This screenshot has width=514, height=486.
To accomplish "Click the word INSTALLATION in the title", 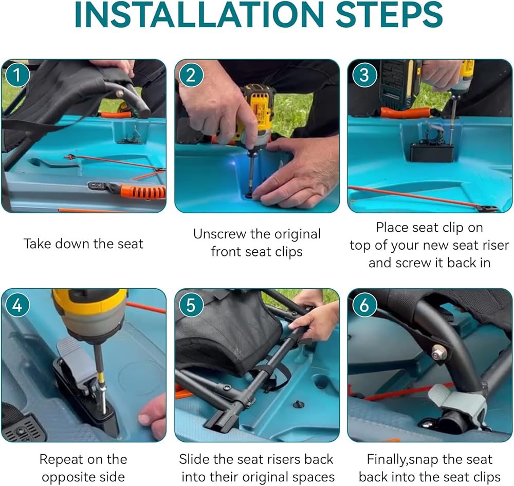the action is point(199,15).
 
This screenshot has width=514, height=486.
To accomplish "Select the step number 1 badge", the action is point(17,75).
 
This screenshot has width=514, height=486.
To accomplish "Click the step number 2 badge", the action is point(191,75).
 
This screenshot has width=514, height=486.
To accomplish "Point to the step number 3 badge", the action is point(364,75).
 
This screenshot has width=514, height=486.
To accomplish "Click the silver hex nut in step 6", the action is point(437,353).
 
